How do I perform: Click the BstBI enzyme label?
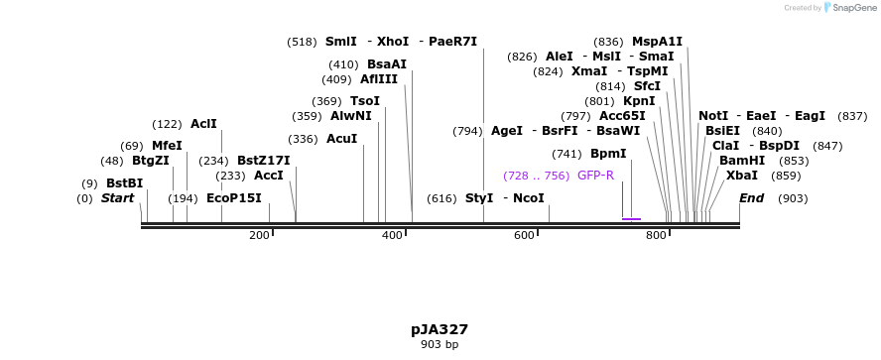coord(125,183)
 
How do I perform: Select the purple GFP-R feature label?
coord(595,176)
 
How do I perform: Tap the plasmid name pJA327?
coord(440,329)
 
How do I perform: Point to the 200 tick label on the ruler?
coord(260,235)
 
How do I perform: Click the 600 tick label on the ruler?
coord(525,235)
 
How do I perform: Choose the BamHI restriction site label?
coord(742,161)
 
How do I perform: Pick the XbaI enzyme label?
coord(742,176)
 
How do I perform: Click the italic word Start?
coord(117,198)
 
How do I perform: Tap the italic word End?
coord(751,198)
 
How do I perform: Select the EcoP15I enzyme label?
coord(234,198)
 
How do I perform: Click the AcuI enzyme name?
coord(341,139)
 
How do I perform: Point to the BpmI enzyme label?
coord(608,154)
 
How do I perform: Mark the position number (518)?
coord(302,42)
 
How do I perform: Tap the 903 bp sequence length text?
coord(440,345)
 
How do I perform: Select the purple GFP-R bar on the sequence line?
coord(631,219)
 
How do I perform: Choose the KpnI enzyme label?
coord(639,101)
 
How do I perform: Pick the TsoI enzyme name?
coord(365,101)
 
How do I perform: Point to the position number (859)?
coord(786,176)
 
